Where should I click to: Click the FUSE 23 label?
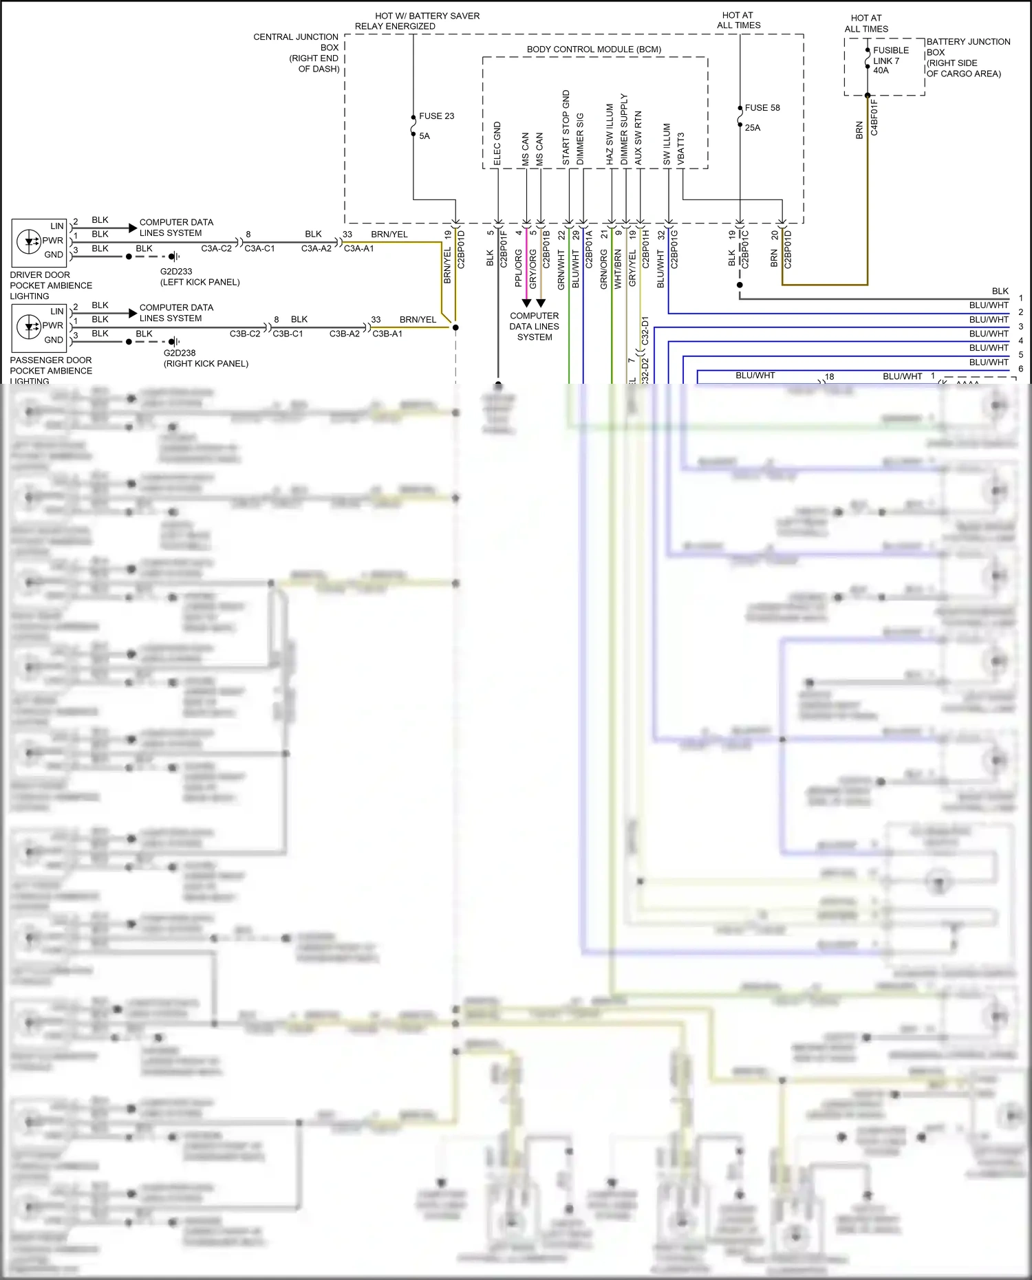pos(436,116)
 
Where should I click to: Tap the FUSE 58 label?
pos(762,108)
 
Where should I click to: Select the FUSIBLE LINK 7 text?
pos(890,56)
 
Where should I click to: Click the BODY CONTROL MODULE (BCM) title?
pos(594,50)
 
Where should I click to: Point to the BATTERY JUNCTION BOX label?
pos(968,58)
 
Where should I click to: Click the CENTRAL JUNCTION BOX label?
pos(297,53)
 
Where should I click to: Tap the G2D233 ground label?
pos(176,272)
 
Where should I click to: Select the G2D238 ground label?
pos(180,353)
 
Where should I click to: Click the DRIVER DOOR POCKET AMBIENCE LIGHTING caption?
pos(51,285)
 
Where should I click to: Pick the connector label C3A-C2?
pos(216,248)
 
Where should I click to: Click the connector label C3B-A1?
pos(387,334)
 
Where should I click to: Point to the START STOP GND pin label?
pos(566,128)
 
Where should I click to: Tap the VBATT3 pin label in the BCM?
pos(681,149)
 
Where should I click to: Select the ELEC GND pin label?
pos(497,144)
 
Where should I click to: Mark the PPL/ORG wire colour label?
pos(518,268)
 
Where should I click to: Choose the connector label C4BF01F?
pos(874,117)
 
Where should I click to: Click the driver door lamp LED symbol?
pos(30,241)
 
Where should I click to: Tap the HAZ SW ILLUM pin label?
pos(610,134)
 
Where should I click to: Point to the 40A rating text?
pos(881,70)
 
